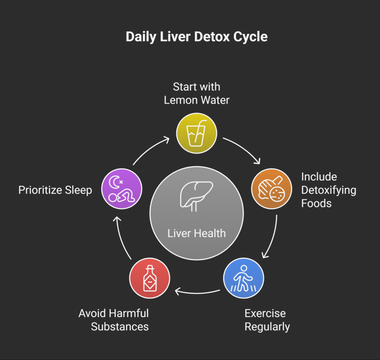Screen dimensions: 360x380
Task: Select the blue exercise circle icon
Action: (243, 278)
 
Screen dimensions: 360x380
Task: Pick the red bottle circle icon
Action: (150, 278)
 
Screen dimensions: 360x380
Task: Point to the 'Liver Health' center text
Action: (196, 233)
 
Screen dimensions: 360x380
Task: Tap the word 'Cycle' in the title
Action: (250, 37)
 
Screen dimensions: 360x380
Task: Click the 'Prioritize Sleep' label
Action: (55, 190)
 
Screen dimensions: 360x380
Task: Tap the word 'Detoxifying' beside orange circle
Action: (328, 190)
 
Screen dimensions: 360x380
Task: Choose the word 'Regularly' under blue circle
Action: (267, 327)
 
